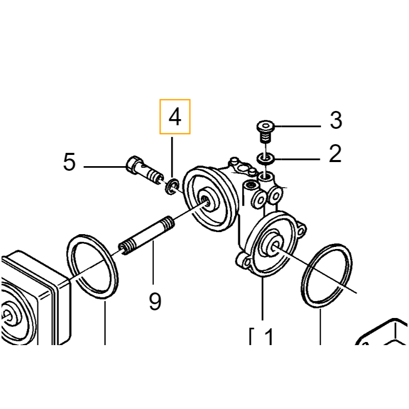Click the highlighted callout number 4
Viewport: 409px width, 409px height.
tap(175, 117)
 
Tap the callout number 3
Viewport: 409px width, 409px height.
tap(336, 120)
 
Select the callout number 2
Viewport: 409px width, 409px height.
tap(335, 153)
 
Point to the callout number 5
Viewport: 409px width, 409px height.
tap(70, 162)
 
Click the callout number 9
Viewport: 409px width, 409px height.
tap(155, 301)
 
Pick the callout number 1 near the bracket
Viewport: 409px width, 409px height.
tap(269, 336)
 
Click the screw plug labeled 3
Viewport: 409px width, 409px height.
tap(265, 131)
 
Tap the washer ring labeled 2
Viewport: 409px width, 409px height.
tap(266, 158)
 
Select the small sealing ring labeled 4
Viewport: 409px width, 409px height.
tap(172, 187)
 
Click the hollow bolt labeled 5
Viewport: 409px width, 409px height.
tap(144, 171)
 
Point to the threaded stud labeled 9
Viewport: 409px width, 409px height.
tap(147, 236)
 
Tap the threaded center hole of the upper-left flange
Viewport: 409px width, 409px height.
tap(206, 201)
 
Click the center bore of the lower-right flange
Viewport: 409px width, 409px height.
tap(274, 246)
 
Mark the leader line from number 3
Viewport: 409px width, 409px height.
tap(298, 126)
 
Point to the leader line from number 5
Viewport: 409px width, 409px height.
tap(105, 167)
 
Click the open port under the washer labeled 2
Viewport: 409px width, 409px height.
tap(266, 178)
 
